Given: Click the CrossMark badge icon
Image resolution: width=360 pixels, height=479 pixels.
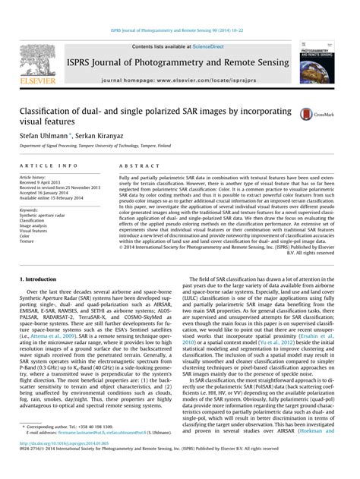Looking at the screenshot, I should (x=312, y=113).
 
